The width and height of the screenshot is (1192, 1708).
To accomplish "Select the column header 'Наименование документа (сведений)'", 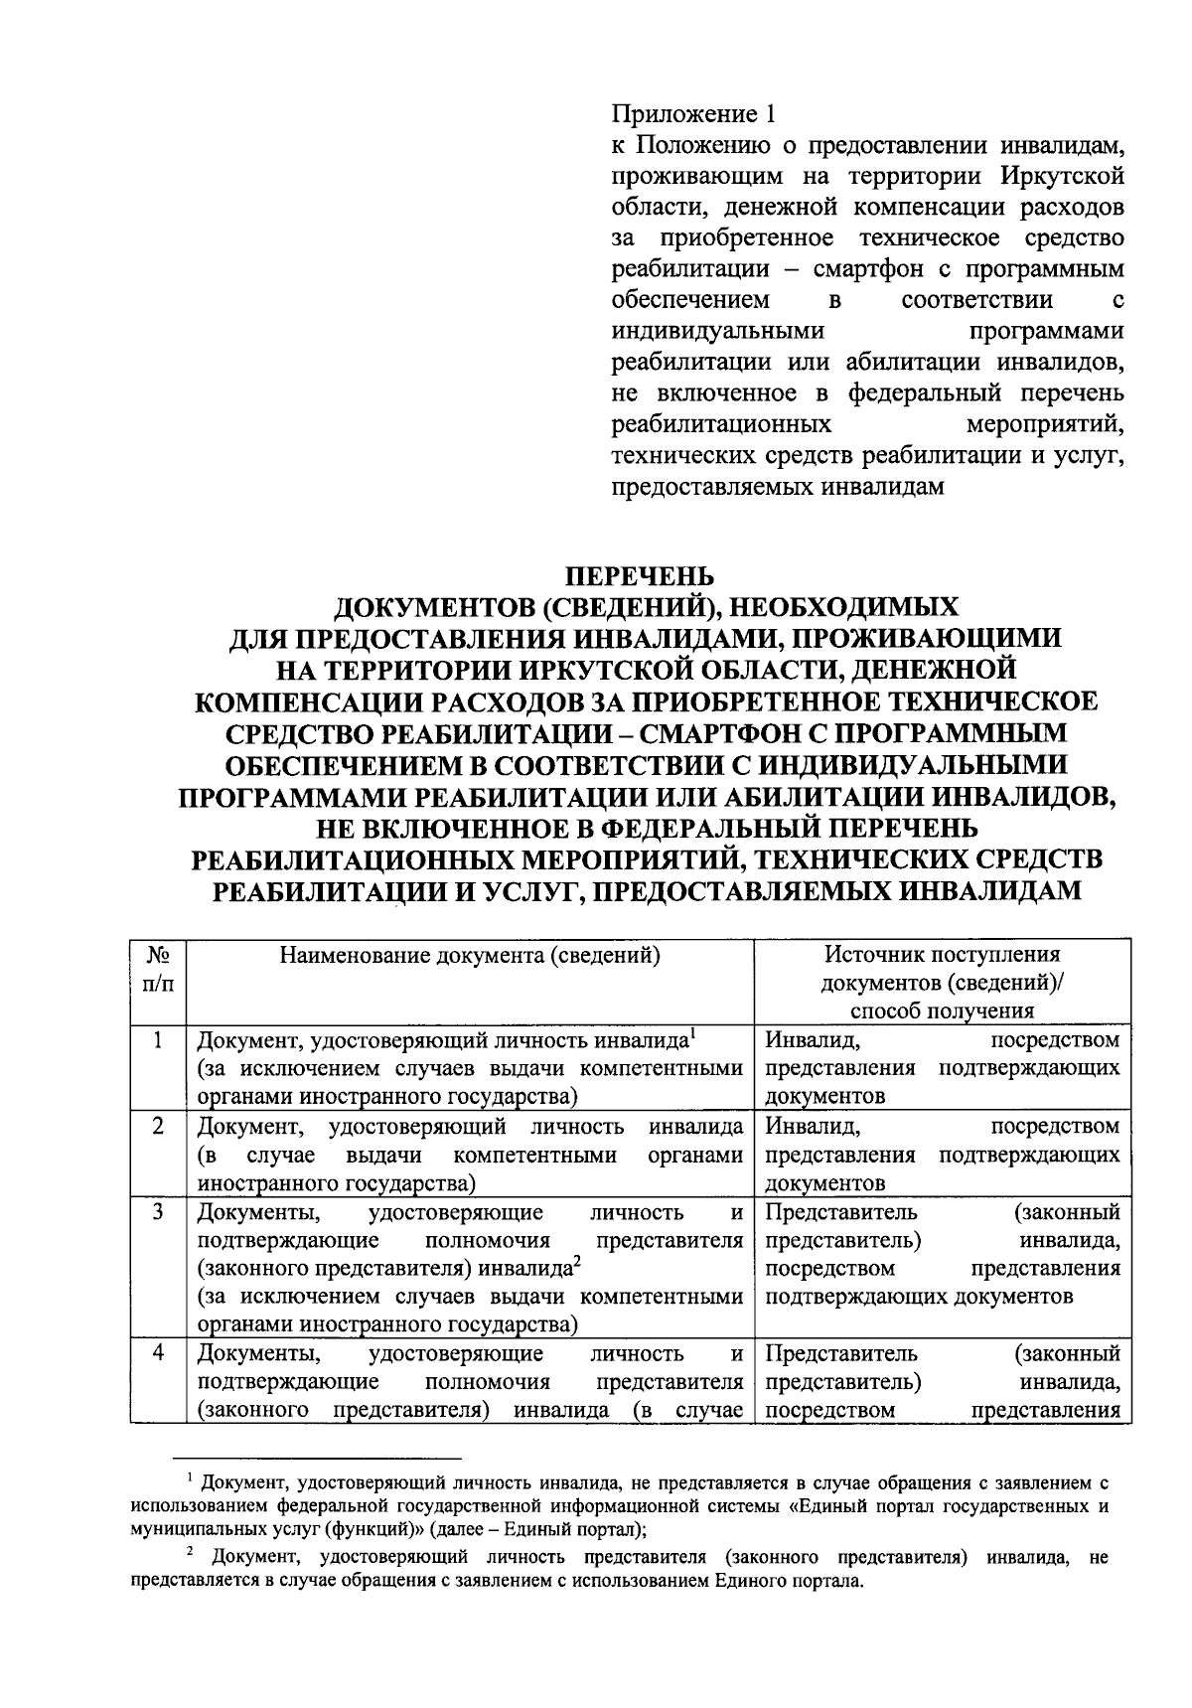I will tap(470, 956).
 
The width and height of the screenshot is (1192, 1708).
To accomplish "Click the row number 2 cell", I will tap(158, 1127).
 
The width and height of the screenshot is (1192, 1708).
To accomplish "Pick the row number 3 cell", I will tap(158, 1213).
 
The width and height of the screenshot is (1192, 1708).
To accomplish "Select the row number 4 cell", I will tap(158, 1354).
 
